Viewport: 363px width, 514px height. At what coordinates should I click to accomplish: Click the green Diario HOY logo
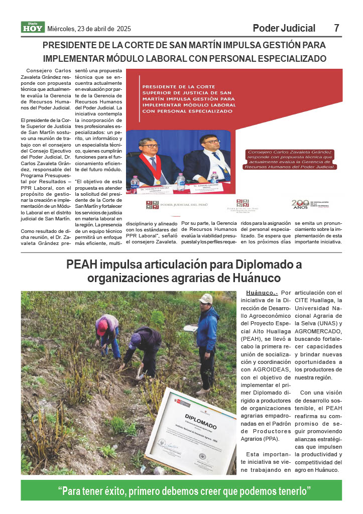pos(33,28)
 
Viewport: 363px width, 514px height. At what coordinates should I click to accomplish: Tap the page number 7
pos(336,28)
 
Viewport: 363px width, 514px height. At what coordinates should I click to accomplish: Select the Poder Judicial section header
pos(284,28)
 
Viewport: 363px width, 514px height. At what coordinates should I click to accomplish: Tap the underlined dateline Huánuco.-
pos(262,293)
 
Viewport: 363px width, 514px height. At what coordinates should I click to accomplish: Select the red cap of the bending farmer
pos(102,327)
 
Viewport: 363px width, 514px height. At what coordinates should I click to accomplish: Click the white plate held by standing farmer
pos(190,328)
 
